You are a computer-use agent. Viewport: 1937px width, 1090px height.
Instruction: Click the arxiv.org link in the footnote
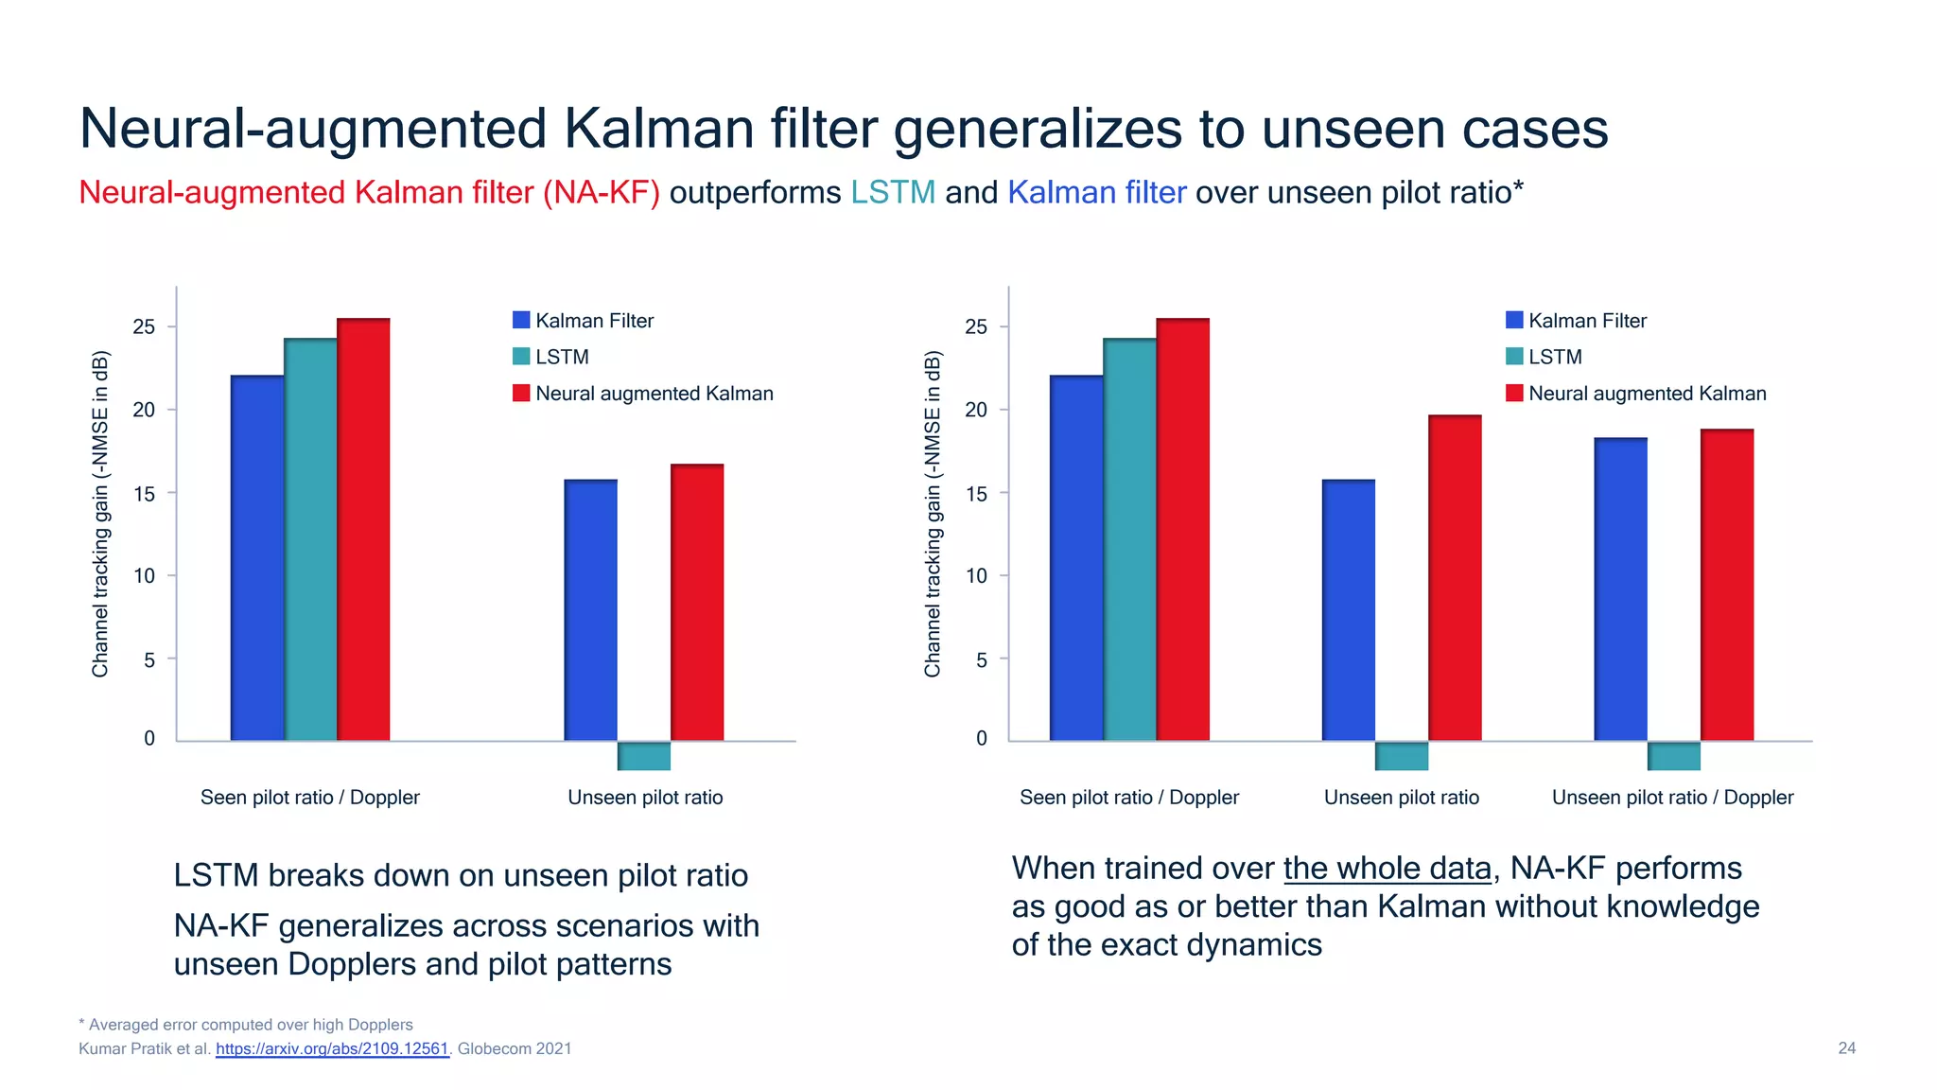click(x=331, y=1048)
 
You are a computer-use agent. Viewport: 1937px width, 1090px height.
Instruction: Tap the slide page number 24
click(x=1846, y=1048)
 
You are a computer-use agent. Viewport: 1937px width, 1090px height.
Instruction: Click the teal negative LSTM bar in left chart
click(x=644, y=755)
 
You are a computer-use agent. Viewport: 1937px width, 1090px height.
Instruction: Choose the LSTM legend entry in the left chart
click(x=561, y=357)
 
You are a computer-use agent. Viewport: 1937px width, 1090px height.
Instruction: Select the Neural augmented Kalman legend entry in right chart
click(x=1646, y=394)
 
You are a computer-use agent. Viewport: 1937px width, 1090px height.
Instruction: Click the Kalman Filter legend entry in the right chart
click(x=1586, y=321)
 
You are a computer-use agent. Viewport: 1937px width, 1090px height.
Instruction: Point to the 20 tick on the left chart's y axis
click(x=144, y=410)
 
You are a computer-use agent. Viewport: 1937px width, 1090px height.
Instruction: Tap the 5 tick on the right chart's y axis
click(x=981, y=659)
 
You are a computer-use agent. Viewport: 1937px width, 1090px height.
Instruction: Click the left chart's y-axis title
click(x=100, y=514)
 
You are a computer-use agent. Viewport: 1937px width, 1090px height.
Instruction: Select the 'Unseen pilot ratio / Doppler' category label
click(x=1672, y=798)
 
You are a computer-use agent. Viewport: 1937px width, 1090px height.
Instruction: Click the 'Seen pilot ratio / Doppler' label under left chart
click(x=309, y=798)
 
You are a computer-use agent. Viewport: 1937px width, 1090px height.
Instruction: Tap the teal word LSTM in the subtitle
click(x=892, y=193)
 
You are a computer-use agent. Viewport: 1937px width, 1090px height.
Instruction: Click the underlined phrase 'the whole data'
click(x=1387, y=869)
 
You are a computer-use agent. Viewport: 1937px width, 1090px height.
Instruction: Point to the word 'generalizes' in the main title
click(x=1038, y=130)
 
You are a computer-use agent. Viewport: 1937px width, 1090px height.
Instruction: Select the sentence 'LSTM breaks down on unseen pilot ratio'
click(x=461, y=876)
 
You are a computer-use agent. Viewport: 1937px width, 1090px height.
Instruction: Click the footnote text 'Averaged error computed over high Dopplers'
click(x=251, y=1025)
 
